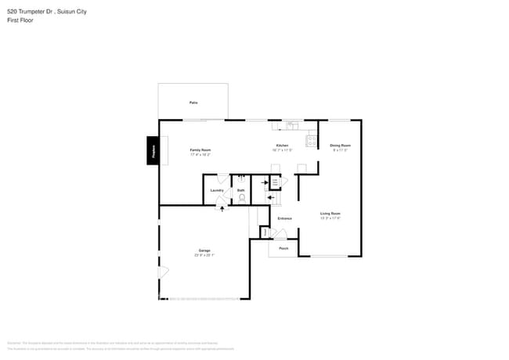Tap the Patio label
pyautogui.click(x=193, y=103)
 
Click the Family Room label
pyautogui.click(x=200, y=149)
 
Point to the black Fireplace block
pyautogui.click(x=153, y=150)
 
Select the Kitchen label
pyautogui.click(x=282, y=146)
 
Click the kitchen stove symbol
pyautogui.click(x=312, y=142)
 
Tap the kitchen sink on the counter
pyautogui.click(x=291, y=124)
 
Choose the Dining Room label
pyautogui.click(x=340, y=146)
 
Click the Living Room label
pyautogui.click(x=330, y=213)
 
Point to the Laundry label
pyautogui.click(x=218, y=190)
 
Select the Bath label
pyautogui.click(x=241, y=190)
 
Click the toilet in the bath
pyautogui.click(x=242, y=198)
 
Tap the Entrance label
pyautogui.click(x=284, y=218)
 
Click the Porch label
pyautogui.click(x=283, y=248)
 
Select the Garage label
pyautogui.click(x=204, y=250)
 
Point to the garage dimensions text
pyautogui.click(x=204, y=255)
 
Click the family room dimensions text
pyautogui.click(x=200, y=154)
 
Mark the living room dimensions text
pyautogui.click(x=330, y=218)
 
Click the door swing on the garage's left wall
pyautogui.click(x=163, y=272)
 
